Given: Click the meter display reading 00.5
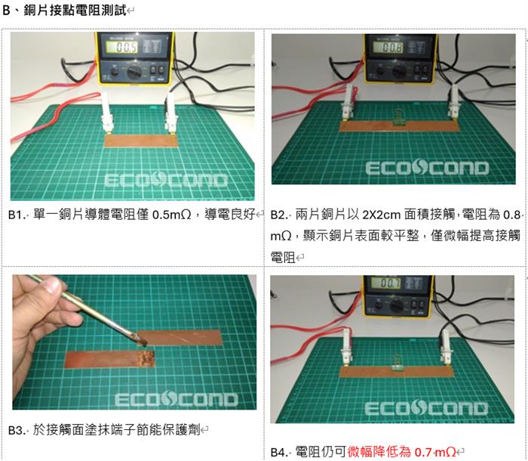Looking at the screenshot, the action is [122, 47].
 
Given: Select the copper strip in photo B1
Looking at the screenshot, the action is [141, 141].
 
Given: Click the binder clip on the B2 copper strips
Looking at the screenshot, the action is [399, 118].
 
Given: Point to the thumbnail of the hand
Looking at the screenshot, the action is [51, 286].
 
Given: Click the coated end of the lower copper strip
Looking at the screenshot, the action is [146, 359].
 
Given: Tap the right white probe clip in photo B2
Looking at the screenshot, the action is [453, 102].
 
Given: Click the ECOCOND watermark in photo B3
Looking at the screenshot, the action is [176, 399].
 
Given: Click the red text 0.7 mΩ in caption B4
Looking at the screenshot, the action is [435, 451].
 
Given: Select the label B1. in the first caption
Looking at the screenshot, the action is [17, 215].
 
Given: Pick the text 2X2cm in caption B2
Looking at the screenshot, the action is [382, 215].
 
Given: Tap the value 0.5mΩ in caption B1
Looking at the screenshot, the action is [172, 215].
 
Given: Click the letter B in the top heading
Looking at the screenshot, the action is [6, 10].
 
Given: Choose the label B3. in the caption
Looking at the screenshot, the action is [17, 430].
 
